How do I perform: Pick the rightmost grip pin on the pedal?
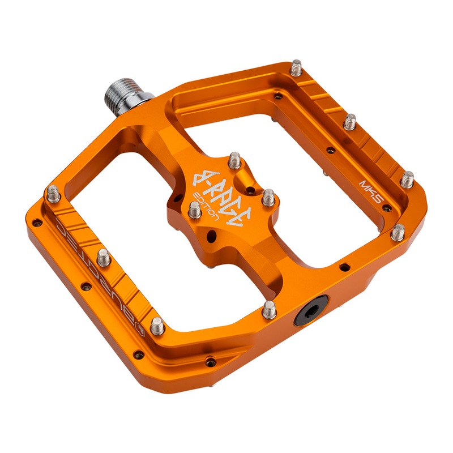pyautogui.click(x=407, y=180)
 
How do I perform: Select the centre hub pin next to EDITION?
pyautogui.click(x=194, y=210)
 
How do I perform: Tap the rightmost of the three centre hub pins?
pyautogui.click(x=268, y=197)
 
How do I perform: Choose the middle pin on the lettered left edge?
pyautogui.click(x=103, y=258)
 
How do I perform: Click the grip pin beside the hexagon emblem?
pyautogui.click(x=157, y=325)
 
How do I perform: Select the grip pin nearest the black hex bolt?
pyautogui.click(x=270, y=309)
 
